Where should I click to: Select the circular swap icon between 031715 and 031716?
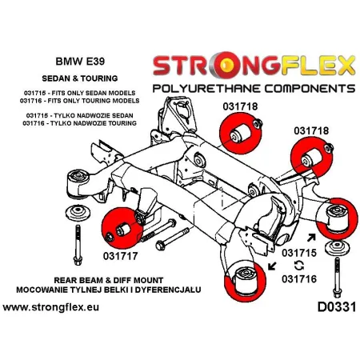pos(299,266)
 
